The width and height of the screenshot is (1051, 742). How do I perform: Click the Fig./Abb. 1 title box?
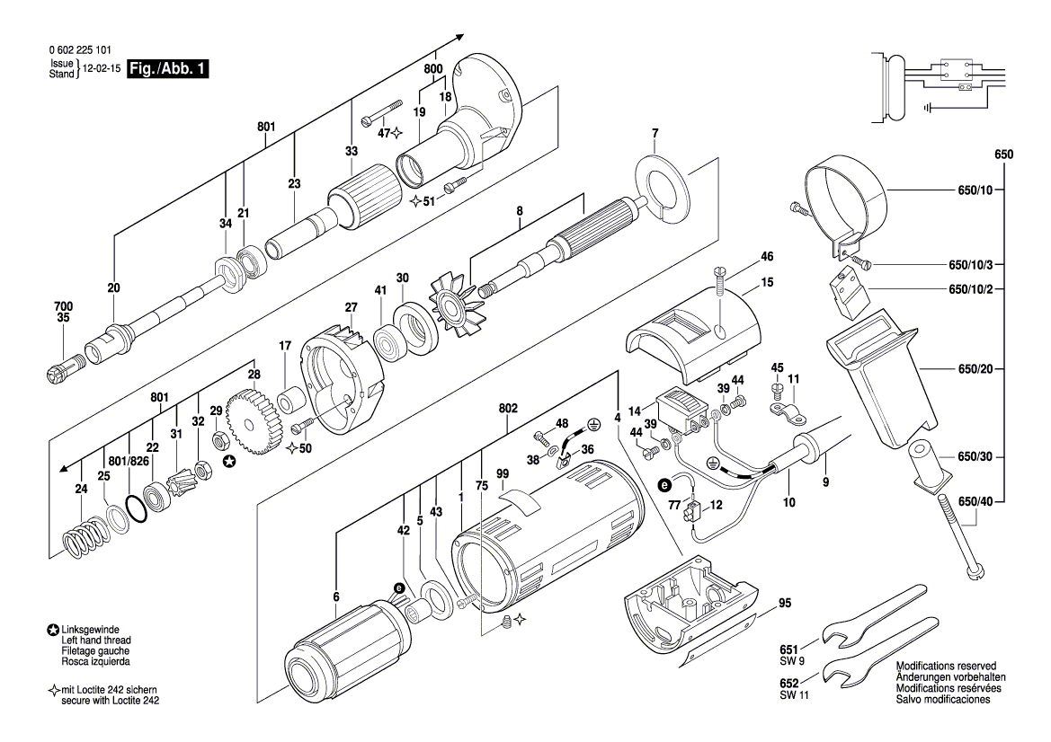click(168, 68)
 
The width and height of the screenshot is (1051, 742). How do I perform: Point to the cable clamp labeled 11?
click(787, 414)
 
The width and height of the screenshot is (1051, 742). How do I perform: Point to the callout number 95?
click(785, 603)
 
